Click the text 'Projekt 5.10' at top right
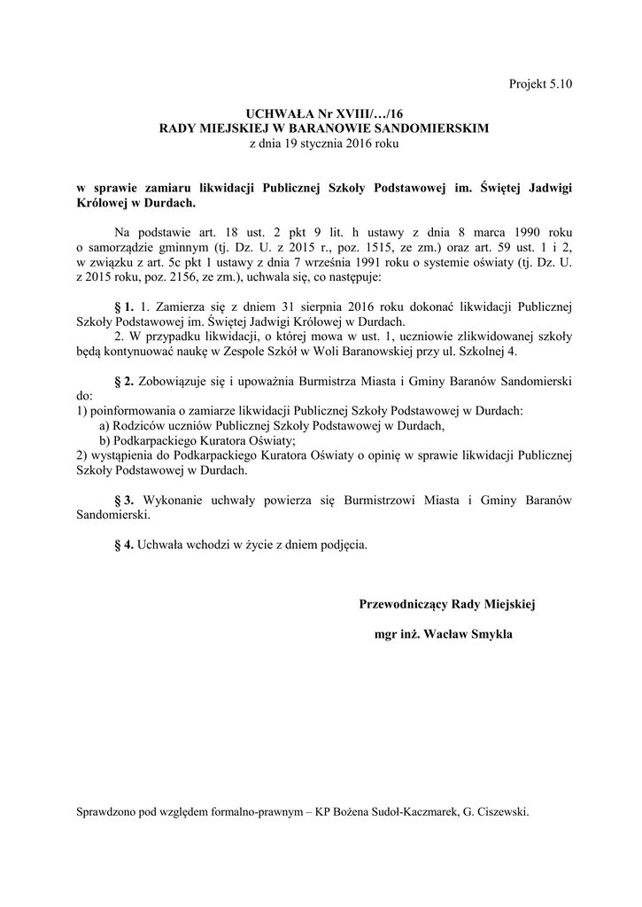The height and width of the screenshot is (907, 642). [540, 84]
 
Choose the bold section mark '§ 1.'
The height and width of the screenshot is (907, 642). [124, 306]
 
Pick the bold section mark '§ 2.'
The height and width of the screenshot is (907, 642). [124, 382]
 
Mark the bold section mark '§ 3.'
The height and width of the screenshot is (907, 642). [124, 500]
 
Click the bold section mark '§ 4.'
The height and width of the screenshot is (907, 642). [124, 545]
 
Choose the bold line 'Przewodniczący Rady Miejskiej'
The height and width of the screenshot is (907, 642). [447, 604]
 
